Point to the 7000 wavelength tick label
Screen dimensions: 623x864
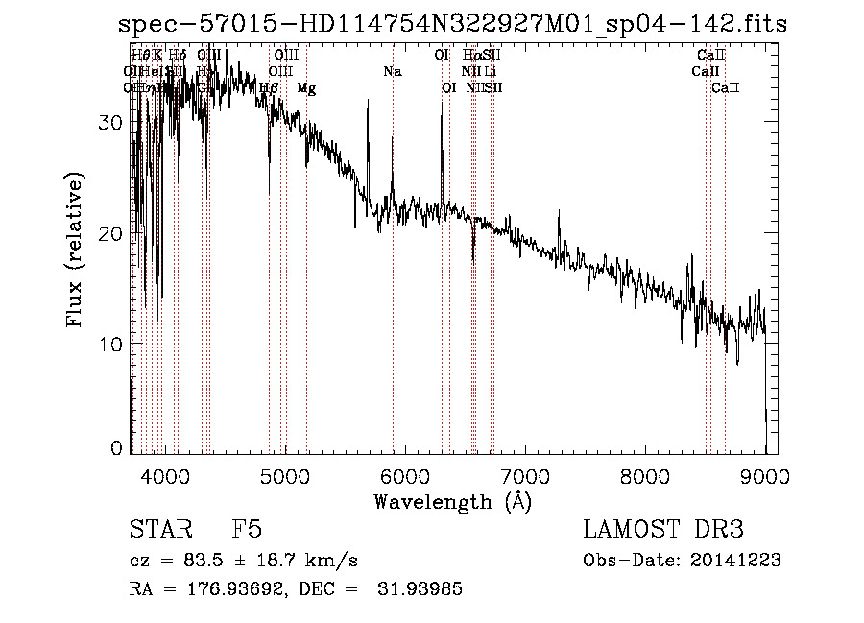pos(525,477)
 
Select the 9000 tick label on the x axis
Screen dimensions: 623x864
pos(765,477)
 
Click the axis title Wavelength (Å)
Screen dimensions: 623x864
pos(452,501)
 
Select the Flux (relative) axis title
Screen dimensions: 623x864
pos(75,250)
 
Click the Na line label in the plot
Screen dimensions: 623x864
pos(392,72)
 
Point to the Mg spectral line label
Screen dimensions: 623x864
pos(306,88)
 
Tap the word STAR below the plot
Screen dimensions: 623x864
pos(158,530)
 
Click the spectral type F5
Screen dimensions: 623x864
pos(247,530)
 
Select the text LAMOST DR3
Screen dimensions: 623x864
pos(662,530)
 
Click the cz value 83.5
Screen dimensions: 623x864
pos(199,561)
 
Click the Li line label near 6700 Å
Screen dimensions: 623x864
pos(490,72)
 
